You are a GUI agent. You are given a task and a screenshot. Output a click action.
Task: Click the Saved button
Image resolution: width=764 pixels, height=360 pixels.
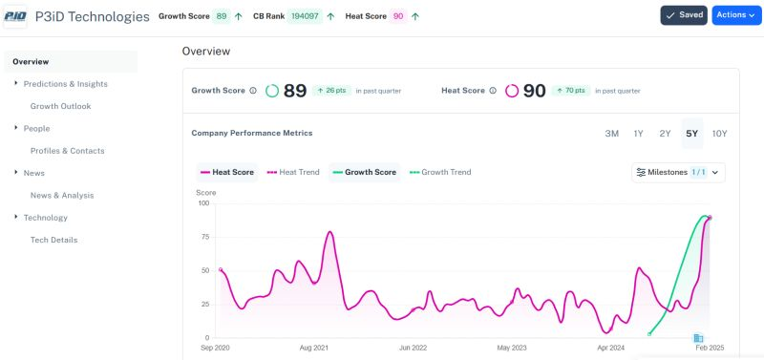point(683,15)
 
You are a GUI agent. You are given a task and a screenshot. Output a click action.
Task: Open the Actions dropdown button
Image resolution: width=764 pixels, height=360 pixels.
point(736,15)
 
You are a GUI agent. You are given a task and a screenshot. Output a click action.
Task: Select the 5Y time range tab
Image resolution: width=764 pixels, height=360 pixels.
point(691,134)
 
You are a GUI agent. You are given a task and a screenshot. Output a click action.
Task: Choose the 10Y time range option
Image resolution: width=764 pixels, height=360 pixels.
point(719,134)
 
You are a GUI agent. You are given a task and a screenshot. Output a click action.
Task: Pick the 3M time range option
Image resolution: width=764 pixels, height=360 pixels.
point(611,134)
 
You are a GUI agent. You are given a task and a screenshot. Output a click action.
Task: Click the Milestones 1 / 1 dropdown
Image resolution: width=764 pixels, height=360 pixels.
point(678,173)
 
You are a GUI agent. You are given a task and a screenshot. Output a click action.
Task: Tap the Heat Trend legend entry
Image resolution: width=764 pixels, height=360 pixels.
point(293,173)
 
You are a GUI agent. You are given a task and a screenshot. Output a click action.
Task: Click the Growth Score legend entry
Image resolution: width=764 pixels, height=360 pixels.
point(364,173)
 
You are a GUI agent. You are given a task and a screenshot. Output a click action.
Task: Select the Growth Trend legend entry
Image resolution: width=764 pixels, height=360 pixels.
point(440,173)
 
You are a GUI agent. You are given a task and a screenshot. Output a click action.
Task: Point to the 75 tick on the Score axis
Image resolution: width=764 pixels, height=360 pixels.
point(202,237)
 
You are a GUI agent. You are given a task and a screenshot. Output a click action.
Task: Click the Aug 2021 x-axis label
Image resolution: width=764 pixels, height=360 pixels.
point(313,349)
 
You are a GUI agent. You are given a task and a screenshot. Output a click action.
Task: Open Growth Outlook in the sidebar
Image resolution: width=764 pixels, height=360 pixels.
point(60,106)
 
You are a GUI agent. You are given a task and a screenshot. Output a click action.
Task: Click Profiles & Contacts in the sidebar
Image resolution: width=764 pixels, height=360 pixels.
point(67,151)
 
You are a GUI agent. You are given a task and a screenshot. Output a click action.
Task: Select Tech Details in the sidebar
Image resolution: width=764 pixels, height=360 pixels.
point(53,240)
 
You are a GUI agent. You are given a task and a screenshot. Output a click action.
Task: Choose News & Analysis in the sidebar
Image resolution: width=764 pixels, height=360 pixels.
point(62,195)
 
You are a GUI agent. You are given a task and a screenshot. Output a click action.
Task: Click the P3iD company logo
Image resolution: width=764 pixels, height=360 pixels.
point(15,16)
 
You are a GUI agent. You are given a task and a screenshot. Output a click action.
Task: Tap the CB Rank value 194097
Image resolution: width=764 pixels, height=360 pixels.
point(306,16)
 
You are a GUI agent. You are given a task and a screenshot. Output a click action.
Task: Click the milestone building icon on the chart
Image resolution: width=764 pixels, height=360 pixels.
point(698,338)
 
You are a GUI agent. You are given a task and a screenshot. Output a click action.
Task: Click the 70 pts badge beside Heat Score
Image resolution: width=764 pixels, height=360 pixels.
point(570,91)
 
